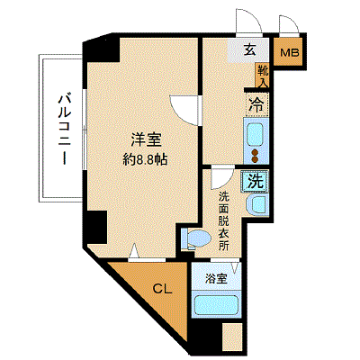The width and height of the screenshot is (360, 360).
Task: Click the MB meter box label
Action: click(x=290, y=53)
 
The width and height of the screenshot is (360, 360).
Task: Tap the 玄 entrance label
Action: click(x=249, y=49)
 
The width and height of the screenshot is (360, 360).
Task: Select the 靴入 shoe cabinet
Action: click(x=262, y=76)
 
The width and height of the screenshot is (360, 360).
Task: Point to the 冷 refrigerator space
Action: click(x=256, y=104)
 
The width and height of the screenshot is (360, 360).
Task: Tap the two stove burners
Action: click(x=256, y=156)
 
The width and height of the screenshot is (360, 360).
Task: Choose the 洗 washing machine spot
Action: click(x=256, y=182)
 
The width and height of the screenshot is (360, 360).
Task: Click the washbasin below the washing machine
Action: click(x=256, y=207)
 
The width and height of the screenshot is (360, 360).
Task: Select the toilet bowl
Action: click(x=196, y=238)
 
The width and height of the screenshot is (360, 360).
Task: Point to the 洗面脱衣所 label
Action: click(x=223, y=220)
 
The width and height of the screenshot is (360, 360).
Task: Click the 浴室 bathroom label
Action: click(x=216, y=279)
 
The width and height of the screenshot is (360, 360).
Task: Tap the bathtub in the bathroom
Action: click(x=216, y=305)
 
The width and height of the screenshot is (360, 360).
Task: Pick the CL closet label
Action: click(x=162, y=289)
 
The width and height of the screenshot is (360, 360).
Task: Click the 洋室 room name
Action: click(x=146, y=139)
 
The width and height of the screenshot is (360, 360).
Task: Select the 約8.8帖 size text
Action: click(x=146, y=160)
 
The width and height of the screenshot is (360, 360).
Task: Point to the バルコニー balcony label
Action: click(x=65, y=130)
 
